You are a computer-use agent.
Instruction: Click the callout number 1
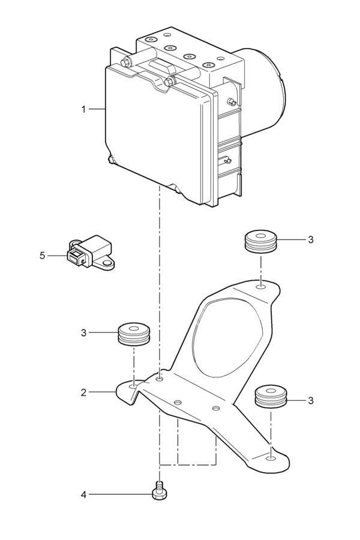tap(83, 110)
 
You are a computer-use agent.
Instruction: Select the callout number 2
tap(84, 392)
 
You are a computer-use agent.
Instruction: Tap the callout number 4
tap(84, 495)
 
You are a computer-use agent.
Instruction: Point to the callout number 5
tap(43, 256)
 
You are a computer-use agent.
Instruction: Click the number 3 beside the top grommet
tap(311, 239)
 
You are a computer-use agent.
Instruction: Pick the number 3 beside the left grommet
tap(84, 333)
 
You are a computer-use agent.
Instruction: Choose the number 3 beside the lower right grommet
tap(311, 401)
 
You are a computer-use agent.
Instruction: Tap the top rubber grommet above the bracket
tap(261, 242)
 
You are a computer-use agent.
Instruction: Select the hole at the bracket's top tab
tap(261, 287)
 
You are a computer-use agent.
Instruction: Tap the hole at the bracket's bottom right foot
tap(271, 458)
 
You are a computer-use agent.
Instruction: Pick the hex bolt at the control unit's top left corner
tap(125, 62)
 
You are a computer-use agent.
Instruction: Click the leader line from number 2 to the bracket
tap(102, 392)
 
